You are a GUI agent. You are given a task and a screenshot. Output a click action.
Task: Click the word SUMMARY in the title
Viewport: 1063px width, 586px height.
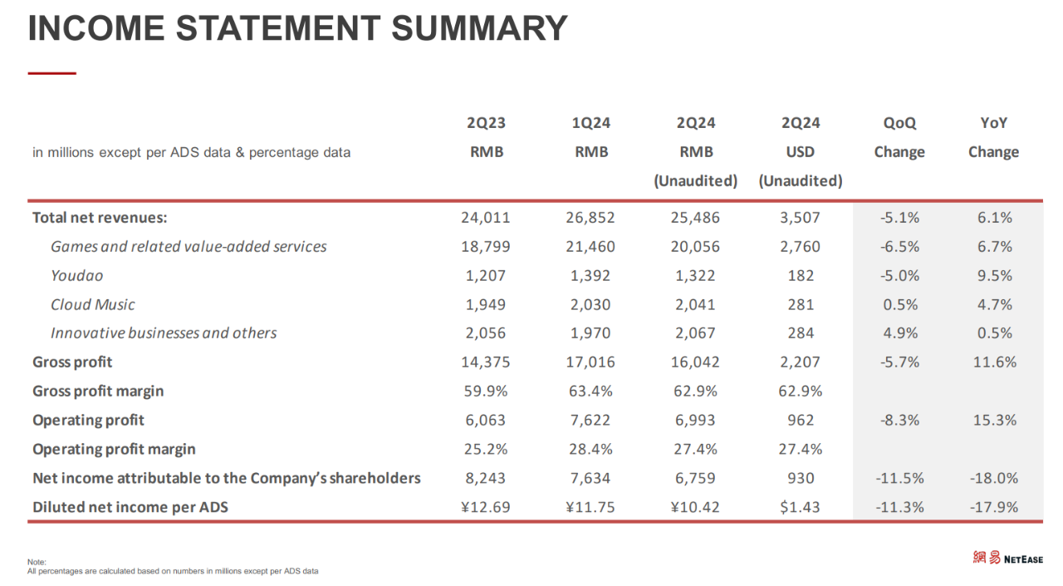click(479, 28)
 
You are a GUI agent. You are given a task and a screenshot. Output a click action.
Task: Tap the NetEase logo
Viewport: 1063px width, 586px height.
click(1007, 558)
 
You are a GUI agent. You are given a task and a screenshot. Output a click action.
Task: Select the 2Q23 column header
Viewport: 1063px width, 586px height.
click(486, 123)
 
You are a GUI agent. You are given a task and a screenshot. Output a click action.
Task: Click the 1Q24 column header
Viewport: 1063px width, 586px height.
click(590, 123)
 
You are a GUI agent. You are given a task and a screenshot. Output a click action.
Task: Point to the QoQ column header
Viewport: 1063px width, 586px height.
click(899, 123)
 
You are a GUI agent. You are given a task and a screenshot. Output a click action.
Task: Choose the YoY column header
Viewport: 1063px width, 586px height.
click(993, 123)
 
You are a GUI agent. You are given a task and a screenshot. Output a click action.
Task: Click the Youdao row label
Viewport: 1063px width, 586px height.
click(77, 275)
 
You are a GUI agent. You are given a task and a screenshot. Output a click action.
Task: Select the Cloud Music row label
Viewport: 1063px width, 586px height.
click(92, 304)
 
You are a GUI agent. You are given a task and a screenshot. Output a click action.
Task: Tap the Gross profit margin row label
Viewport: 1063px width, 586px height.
click(98, 391)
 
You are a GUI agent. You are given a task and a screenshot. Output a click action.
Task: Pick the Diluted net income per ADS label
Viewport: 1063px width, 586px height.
click(130, 507)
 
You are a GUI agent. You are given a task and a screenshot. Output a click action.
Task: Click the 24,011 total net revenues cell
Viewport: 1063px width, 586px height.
click(486, 218)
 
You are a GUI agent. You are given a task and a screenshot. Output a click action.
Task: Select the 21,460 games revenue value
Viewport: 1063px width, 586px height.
click(590, 247)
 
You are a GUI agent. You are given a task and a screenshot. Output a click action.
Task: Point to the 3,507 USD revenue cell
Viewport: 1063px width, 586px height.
click(800, 218)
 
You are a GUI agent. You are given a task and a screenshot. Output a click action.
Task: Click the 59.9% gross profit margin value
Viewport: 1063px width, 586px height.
click(486, 391)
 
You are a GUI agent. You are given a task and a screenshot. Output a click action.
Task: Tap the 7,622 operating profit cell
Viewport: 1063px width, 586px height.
click(590, 420)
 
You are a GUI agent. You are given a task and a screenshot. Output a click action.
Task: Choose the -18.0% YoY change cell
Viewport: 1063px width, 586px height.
click(994, 478)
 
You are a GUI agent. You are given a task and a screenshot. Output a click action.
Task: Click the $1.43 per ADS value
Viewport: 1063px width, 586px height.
click(800, 507)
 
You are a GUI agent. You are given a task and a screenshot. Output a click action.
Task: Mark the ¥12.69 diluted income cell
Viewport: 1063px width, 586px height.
click(486, 507)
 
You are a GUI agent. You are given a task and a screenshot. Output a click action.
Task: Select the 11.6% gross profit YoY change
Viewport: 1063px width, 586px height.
click(995, 362)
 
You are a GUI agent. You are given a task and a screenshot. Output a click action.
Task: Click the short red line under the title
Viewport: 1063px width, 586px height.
click(51, 73)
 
